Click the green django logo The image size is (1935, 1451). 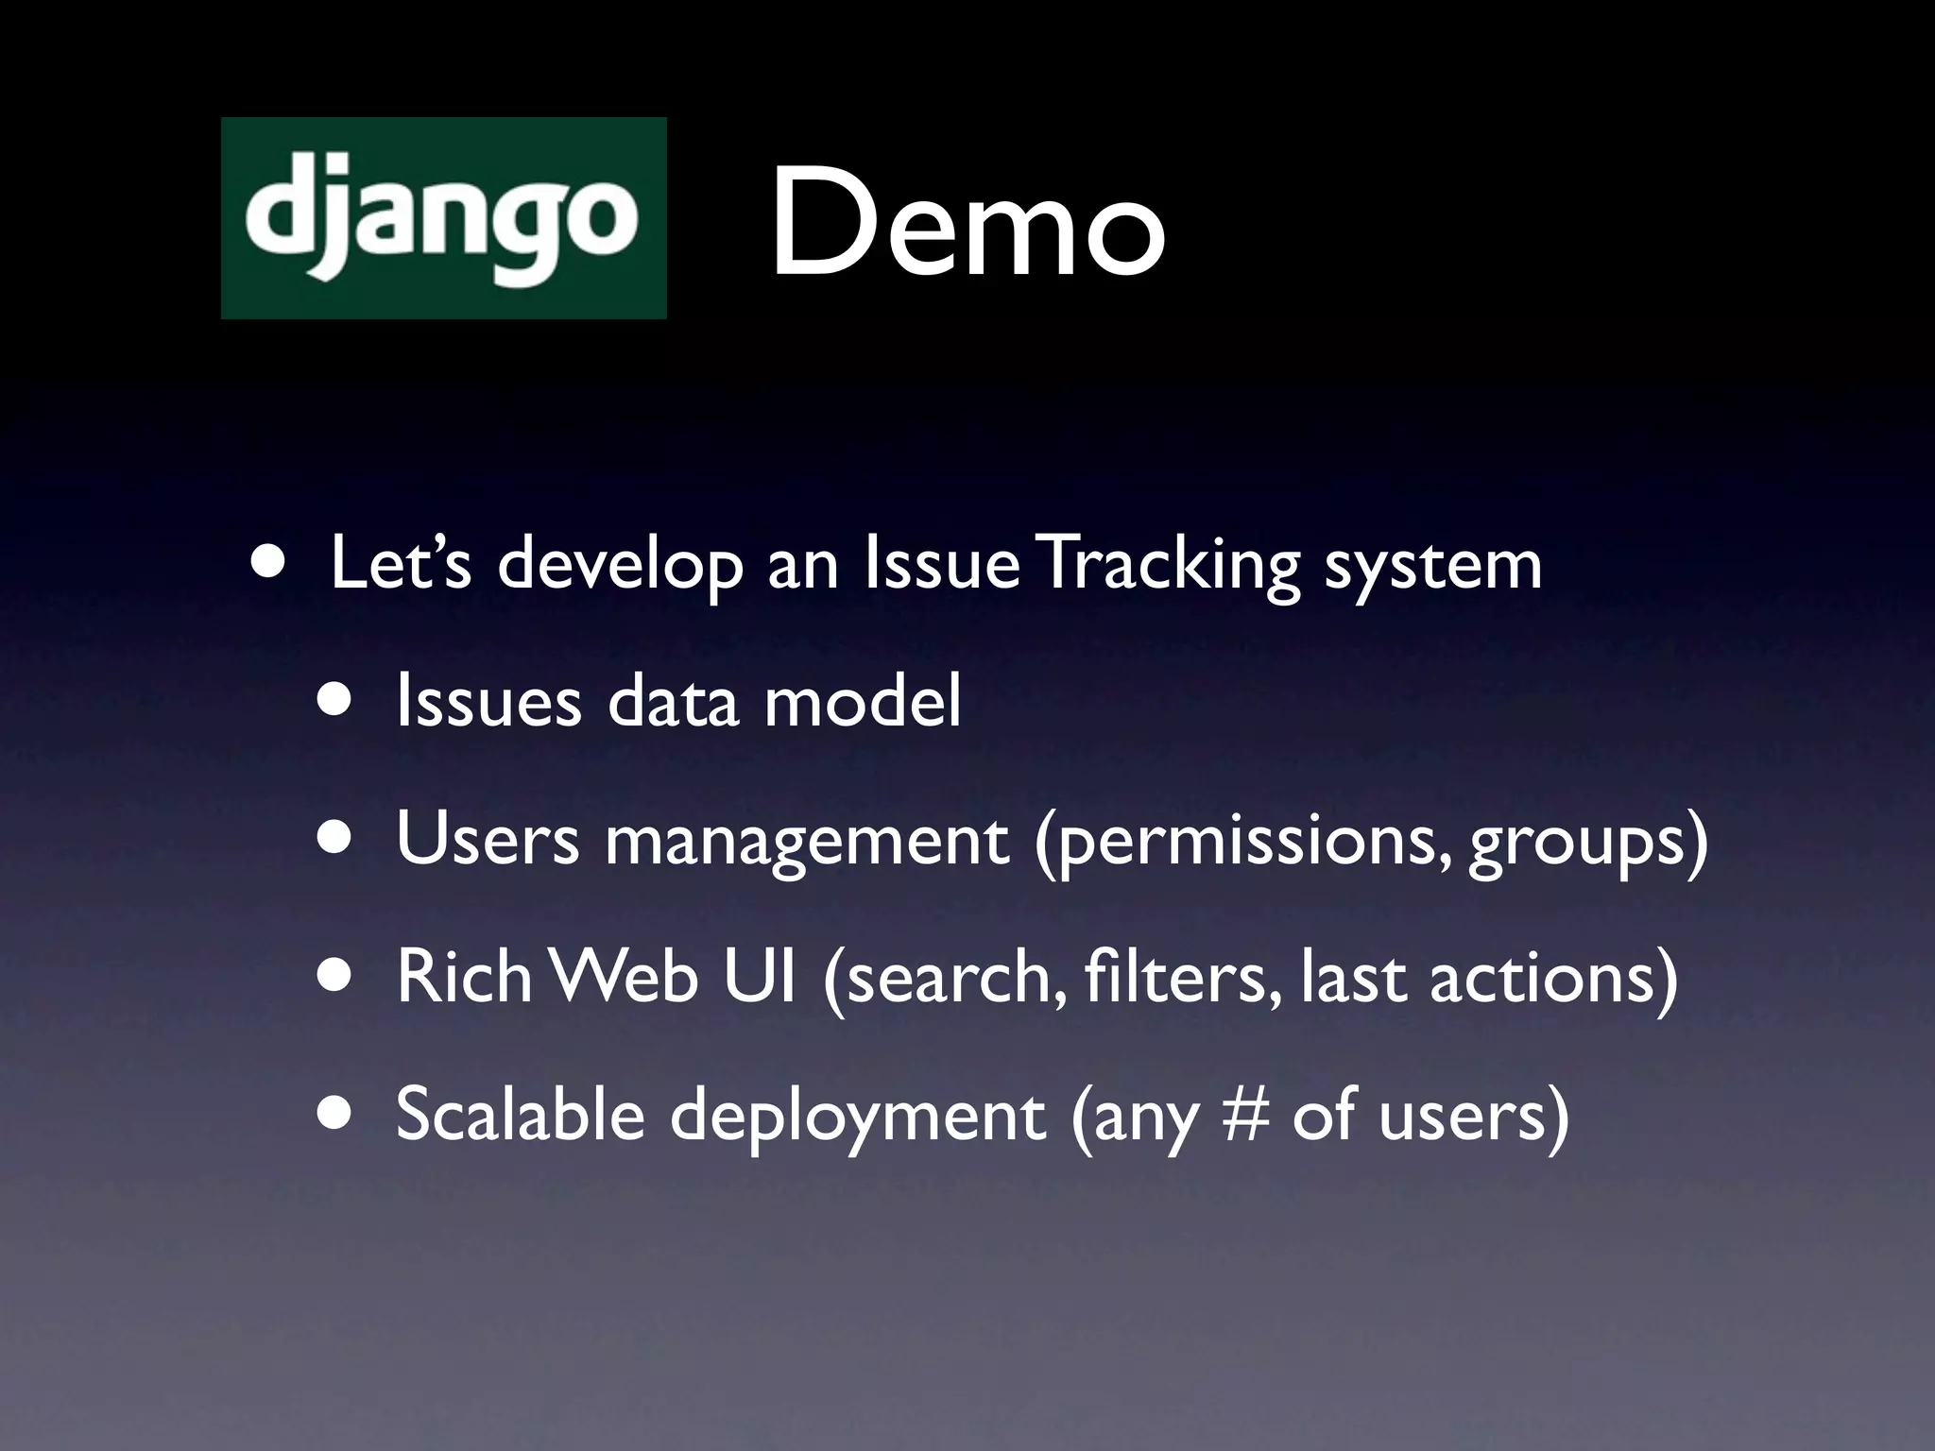443,218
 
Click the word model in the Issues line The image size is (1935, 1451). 862,702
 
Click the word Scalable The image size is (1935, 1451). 520,1114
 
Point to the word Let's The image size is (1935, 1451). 400,565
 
